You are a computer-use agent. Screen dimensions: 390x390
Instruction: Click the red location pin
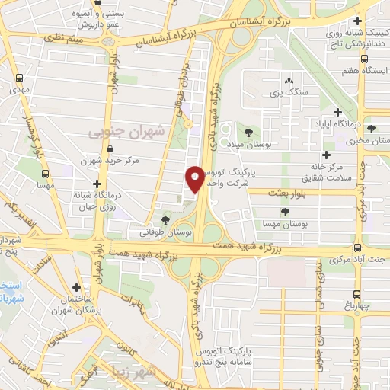[195, 179]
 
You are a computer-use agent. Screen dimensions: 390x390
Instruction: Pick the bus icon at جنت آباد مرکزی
[358, 248]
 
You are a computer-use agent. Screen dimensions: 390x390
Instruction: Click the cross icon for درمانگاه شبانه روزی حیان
[97, 184]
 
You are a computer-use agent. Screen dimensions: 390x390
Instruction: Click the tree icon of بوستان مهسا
[285, 212]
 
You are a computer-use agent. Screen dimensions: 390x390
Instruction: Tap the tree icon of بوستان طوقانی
[166, 221]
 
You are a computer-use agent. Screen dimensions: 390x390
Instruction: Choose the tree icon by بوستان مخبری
[371, 128]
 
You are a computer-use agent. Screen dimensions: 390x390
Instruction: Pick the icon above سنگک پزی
[289, 81]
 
